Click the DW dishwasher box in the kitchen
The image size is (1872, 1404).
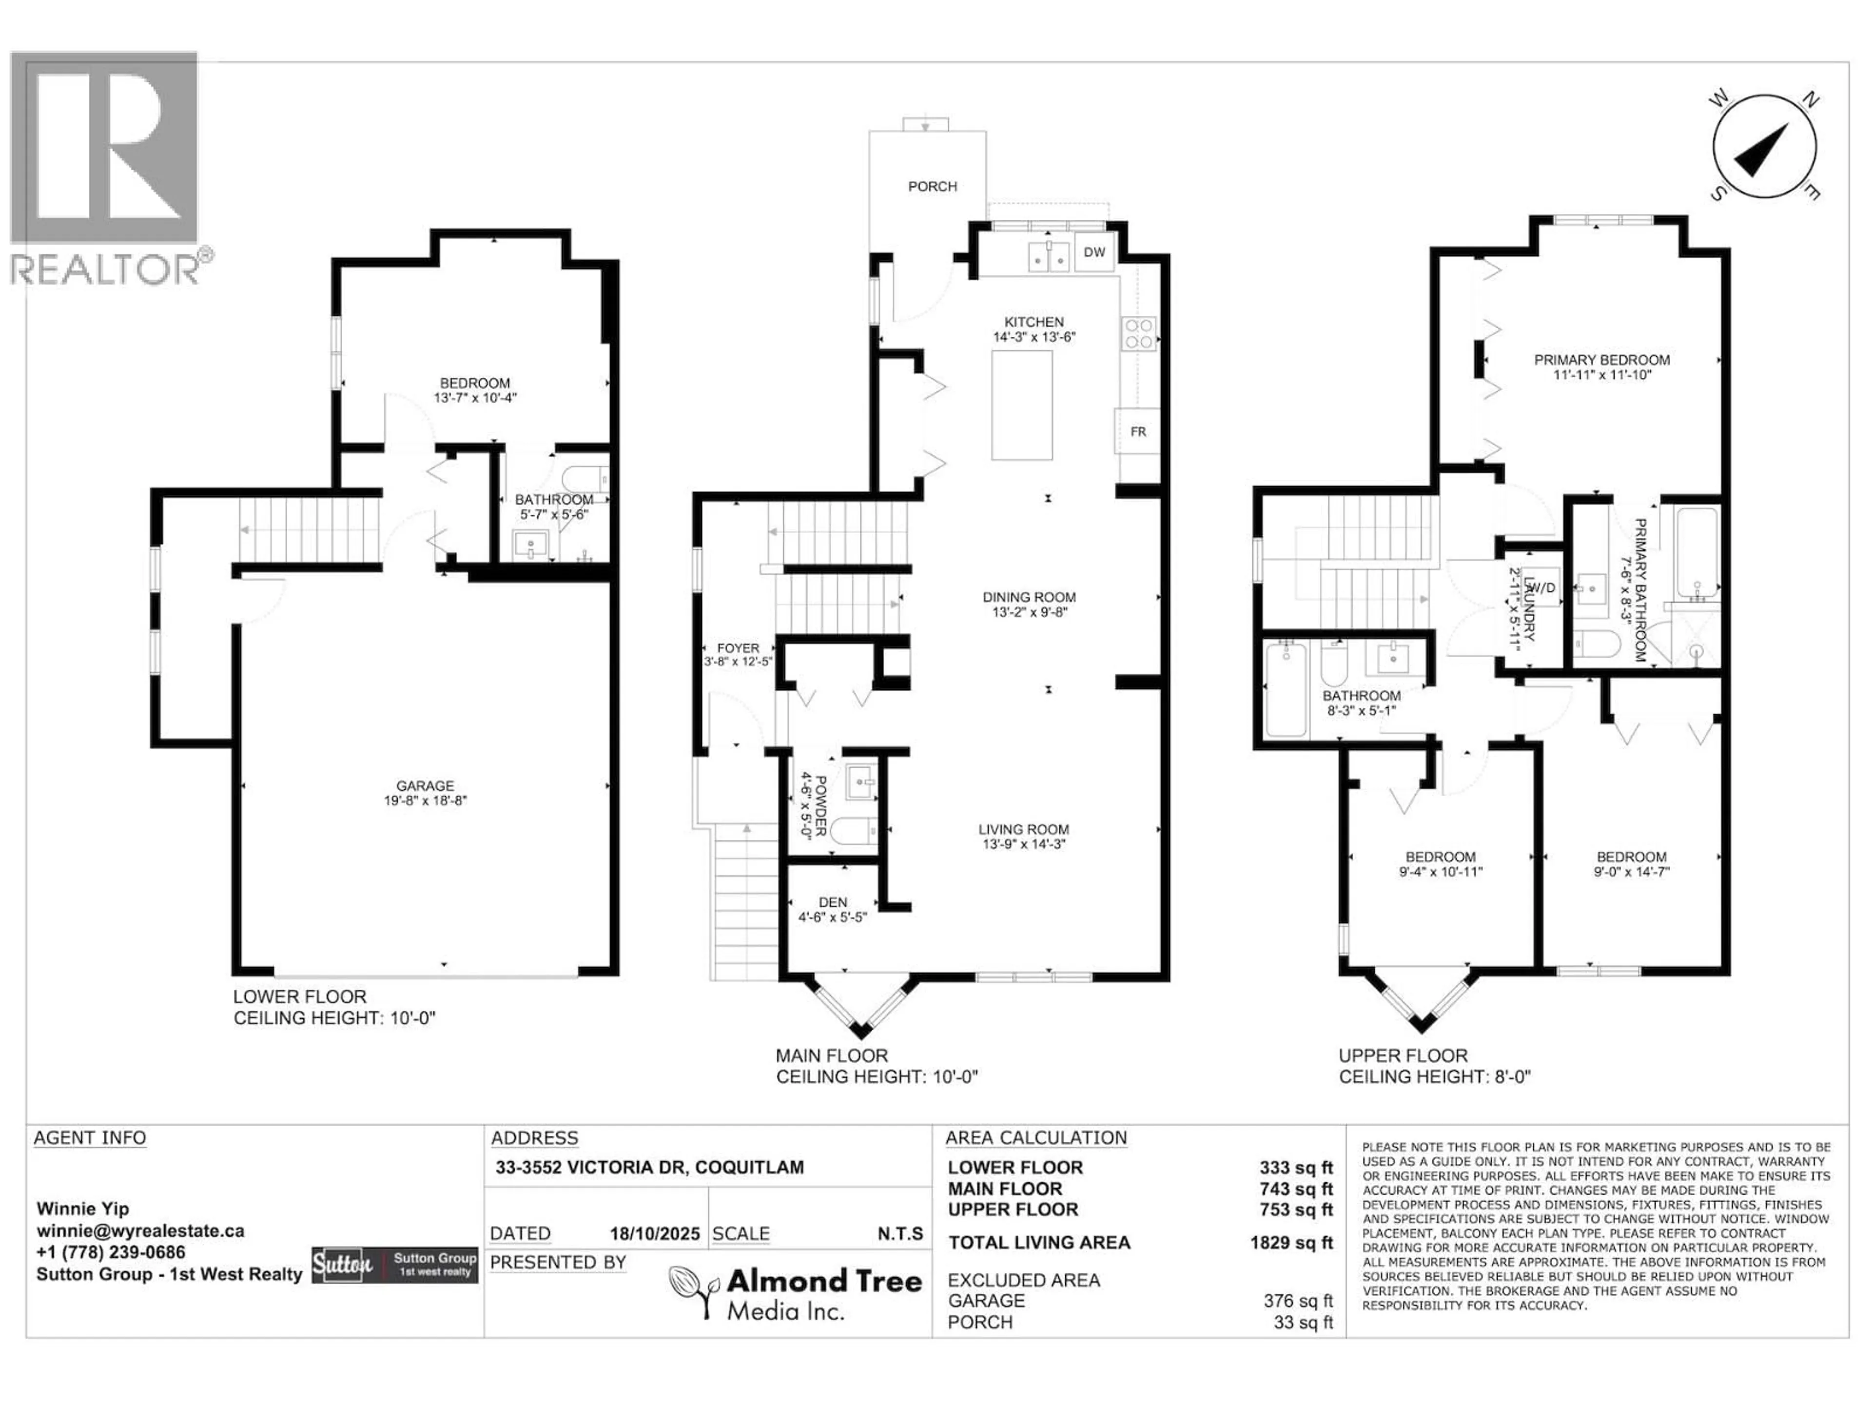click(1094, 252)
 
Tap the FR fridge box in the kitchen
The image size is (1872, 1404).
click(1137, 431)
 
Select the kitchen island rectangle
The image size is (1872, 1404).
click(1022, 405)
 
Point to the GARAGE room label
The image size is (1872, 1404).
click(425, 785)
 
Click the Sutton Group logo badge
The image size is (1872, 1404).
click(394, 1265)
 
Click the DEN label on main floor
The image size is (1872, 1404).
click(833, 902)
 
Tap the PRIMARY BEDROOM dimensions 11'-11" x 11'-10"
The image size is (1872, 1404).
click(1602, 375)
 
